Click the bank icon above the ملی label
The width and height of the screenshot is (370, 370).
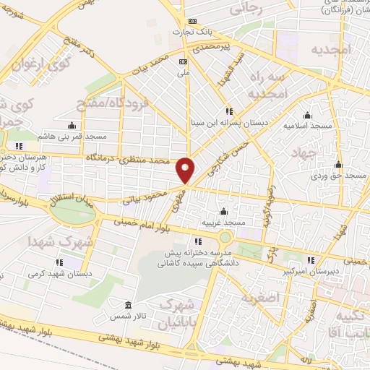coord(183,61)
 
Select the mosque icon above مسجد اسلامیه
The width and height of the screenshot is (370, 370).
coord(308,115)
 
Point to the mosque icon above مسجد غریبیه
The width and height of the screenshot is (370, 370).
coord(223,211)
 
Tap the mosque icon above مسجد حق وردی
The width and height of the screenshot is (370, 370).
coord(339,164)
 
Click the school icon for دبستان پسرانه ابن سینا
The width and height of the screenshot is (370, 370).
coord(229,111)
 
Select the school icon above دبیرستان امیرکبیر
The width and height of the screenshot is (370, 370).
coord(311,260)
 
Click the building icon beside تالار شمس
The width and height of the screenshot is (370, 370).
coord(128,306)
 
